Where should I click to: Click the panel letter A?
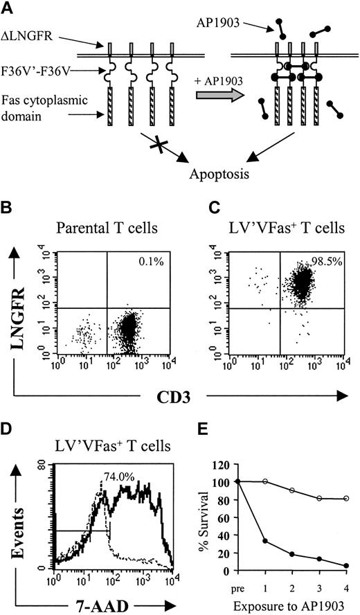click(9, 8)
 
